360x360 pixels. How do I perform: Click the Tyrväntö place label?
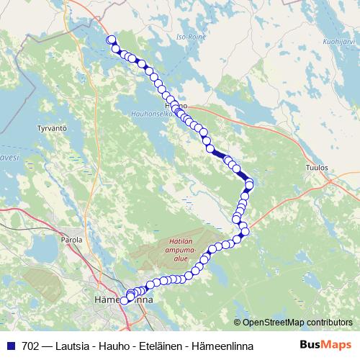click(51, 128)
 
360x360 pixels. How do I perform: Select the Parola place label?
click(72, 239)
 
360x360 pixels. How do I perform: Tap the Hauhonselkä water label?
click(154, 114)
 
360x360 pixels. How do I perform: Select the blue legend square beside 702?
click(11, 346)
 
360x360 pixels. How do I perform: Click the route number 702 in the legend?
click(31, 346)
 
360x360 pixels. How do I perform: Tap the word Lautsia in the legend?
click(73, 346)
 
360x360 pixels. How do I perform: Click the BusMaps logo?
click(325, 345)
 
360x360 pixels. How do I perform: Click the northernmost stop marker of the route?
click(111, 40)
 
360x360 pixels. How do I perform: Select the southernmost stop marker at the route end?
click(124, 301)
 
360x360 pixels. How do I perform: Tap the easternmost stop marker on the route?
click(249, 184)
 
